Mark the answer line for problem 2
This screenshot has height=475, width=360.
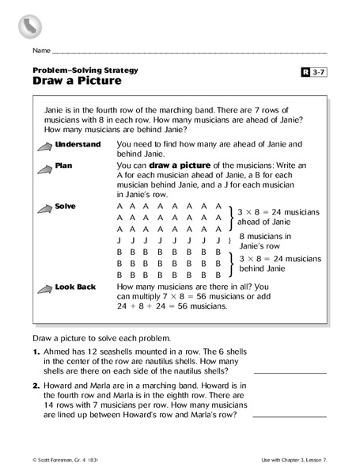click(x=290, y=416)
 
